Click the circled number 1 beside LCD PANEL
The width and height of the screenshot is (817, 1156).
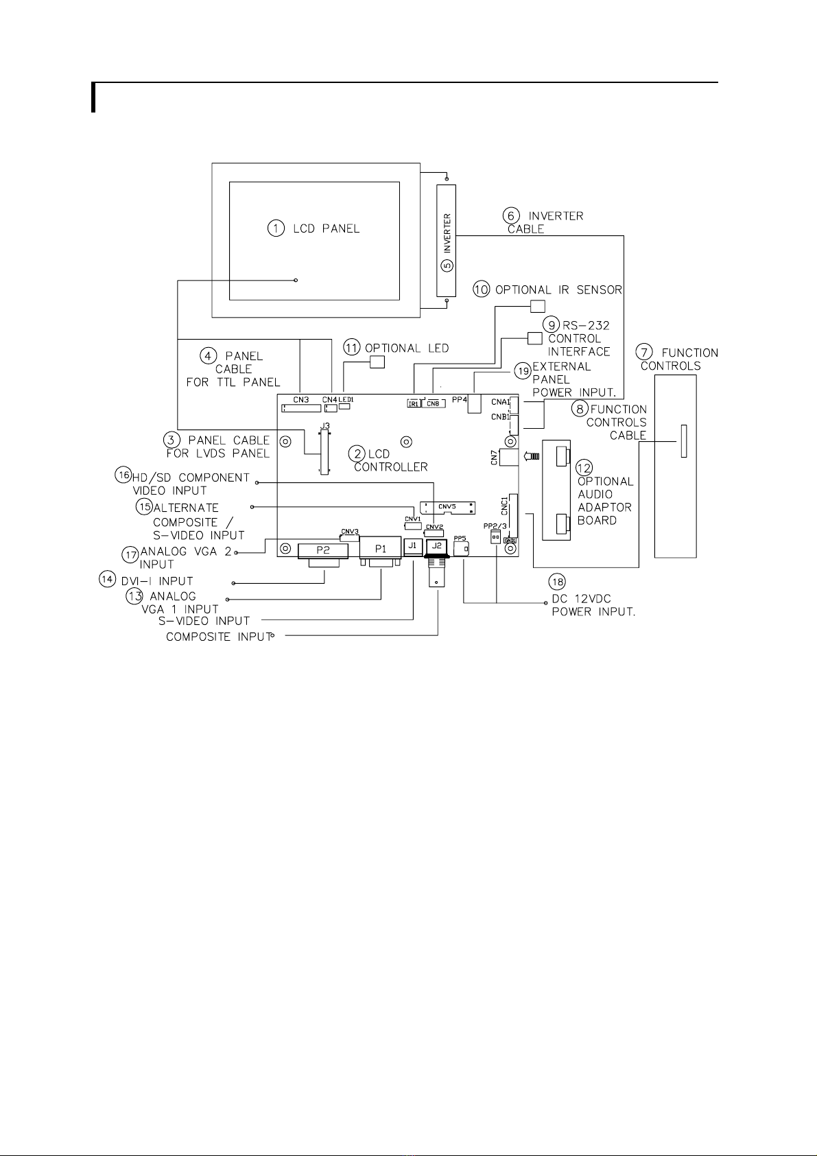pyautogui.click(x=276, y=228)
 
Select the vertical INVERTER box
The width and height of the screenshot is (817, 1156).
pyautogui.click(x=447, y=241)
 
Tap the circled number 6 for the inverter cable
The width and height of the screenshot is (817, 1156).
pyautogui.click(x=512, y=215)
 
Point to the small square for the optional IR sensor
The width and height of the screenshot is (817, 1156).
pyautogui.click(x=538, y=306)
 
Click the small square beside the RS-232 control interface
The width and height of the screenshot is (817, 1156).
pyautogui.click(x=534, y=338)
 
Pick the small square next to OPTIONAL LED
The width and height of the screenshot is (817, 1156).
pyautogui.click(x=377, y=362)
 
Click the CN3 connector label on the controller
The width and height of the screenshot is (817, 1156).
pyautogui.click(x=301, y=399)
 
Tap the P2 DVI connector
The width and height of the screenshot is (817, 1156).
pyautogui.click(x=322, y=550)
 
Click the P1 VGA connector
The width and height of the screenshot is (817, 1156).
pyautogui.click(x=381, y=549)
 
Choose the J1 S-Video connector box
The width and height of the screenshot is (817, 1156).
pyautogui.click(x=412, y=546)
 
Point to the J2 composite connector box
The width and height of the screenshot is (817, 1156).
pyautogui.click(x=436, y=546)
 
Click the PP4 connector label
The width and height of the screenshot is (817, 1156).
pyautogui.click(x=460, y=399)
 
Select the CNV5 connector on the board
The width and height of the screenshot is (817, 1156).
pyautogui.click(x=447, y=507)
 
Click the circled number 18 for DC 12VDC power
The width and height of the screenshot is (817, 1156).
pyautogui.click(x=558, y=582)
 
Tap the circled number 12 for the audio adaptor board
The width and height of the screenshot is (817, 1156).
pyautogui.click(x=584, y=468)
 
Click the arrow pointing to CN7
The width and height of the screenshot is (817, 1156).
pyautogui.click(x=531, y=456)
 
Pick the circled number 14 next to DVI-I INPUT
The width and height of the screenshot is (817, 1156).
pyautogui.click(x=106, y=579)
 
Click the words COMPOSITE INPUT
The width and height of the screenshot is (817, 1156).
pyautogui.click(x=219, y=637)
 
